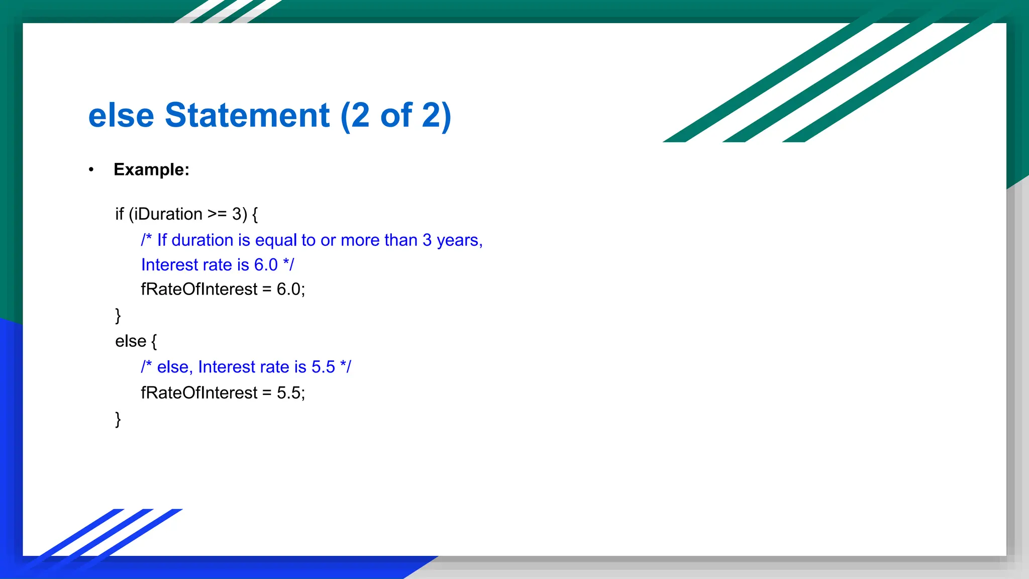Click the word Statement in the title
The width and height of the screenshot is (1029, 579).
coord(247,116)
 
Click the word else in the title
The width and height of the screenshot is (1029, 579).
coord(121,116)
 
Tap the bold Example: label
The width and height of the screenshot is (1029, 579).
coord(151,170)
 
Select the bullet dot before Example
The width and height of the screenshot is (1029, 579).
coord(91,170)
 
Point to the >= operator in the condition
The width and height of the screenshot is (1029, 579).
coord(217,215)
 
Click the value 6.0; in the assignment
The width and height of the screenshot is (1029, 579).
coord(290,289)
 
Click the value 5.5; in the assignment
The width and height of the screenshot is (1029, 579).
coord(290,393)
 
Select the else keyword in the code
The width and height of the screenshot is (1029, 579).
coord(130,341)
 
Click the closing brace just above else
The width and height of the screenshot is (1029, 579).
coord(118,316)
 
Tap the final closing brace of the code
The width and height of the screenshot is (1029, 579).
coord(118,419)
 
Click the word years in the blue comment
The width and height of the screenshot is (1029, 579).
coord(459,241)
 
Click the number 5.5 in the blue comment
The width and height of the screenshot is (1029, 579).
coord(323,367)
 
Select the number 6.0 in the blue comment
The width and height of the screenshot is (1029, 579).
coord(265,265)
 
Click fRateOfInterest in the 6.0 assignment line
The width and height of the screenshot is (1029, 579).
coord(199,289)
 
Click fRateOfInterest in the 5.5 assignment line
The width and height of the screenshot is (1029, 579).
coord(199,393)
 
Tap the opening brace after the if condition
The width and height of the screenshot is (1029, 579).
coord(255,215)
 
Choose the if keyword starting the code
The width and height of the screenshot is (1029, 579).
coord(119,215)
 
